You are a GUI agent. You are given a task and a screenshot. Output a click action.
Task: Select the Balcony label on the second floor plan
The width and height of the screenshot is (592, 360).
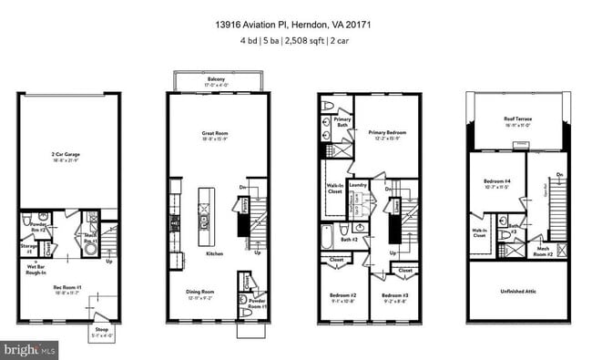216,80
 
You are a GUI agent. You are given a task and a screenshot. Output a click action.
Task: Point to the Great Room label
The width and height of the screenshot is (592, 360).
215,134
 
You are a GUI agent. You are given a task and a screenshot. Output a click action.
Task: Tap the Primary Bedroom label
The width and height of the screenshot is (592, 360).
387,132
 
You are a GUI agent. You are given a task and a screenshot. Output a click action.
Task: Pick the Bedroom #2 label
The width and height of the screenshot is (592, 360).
342,296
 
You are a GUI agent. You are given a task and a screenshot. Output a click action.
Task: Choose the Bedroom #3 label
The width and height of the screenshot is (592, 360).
394,296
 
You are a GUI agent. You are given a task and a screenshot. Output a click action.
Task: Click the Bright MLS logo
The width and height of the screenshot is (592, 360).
30,349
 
